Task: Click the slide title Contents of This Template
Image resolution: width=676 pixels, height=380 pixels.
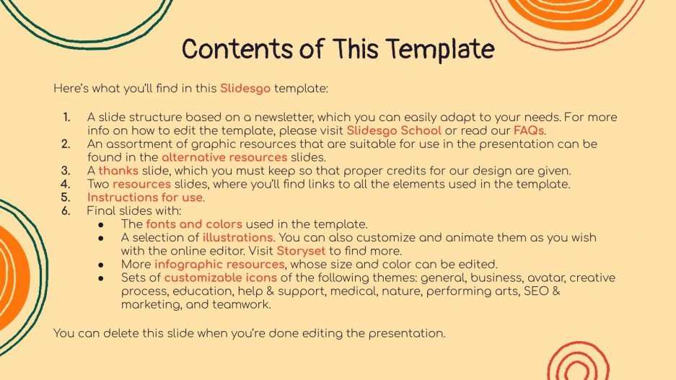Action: point(338,50)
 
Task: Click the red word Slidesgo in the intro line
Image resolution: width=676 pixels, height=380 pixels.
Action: point(245,89)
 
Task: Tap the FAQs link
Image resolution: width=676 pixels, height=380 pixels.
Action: point(529,131)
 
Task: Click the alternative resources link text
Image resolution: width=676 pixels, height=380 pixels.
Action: point(224,157)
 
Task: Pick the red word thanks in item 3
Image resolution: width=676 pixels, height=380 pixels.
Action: point(118,171)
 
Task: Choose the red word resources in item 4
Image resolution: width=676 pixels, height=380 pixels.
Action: point(141,184)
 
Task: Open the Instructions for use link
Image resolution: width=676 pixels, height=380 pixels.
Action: point(146,197)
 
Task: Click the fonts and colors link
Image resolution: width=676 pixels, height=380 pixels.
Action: point(194,224)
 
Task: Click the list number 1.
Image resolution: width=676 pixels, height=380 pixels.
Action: point(66,118)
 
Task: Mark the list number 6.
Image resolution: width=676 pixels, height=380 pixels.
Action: point(66,211)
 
